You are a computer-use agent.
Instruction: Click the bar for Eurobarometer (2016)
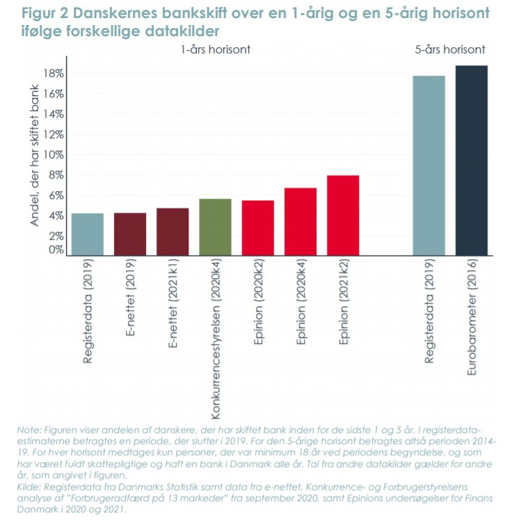(x=472, y=160)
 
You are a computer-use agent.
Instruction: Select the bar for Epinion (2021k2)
(x=343, y=215)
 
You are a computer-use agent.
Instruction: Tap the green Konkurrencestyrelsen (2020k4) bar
(x=215, y=227)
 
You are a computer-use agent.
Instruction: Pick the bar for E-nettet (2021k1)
(x=173, y=231)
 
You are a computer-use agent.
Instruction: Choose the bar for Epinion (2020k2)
(x=257, y=228)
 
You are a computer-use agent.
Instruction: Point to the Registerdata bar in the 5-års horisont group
(x=429, y=165)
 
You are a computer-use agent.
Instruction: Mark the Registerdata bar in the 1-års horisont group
(x=88, y=234)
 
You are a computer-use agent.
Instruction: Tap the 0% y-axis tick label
(x=57, y=249)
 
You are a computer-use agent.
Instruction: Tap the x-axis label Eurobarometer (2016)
(x=472, y=318)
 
